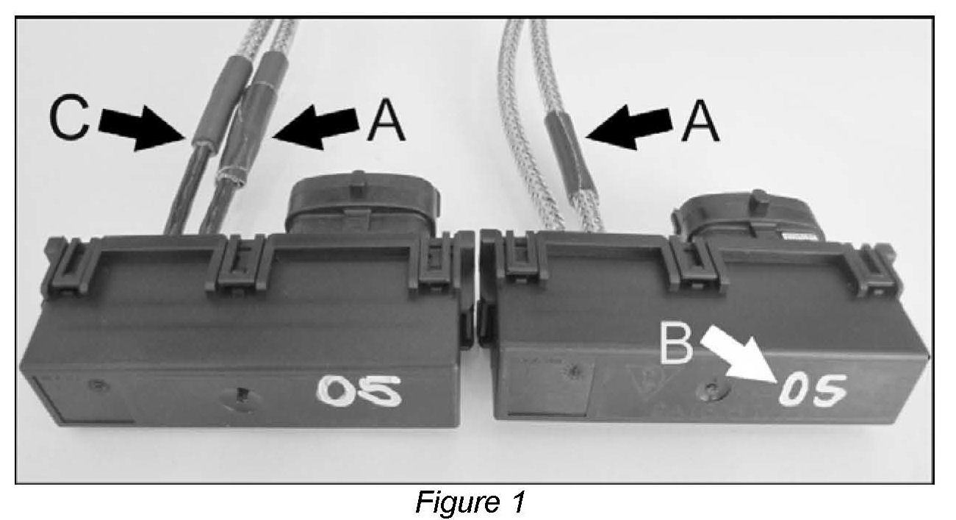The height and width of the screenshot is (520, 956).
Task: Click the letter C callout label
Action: pyautogui.click(x=68, y=121)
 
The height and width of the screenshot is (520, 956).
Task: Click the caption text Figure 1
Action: pyautogui.click(x=470, y=502)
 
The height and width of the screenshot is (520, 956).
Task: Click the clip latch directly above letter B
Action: pyautogui.click(x=691, y=265)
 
